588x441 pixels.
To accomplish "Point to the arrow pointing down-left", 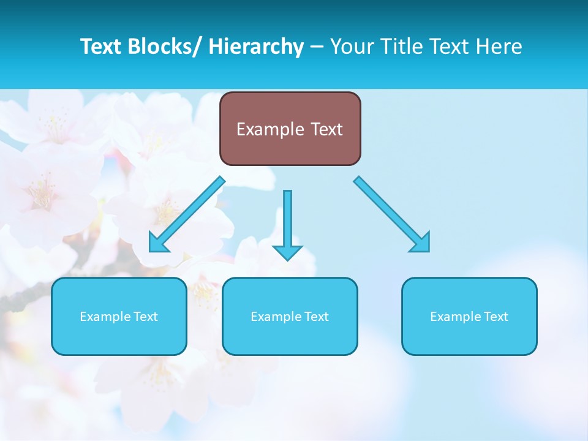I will point(187,215).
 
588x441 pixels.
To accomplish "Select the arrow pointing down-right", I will point(392,214).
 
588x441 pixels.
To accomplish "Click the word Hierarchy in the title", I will point(256,47).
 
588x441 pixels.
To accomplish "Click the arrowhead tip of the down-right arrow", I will point(428,251).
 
